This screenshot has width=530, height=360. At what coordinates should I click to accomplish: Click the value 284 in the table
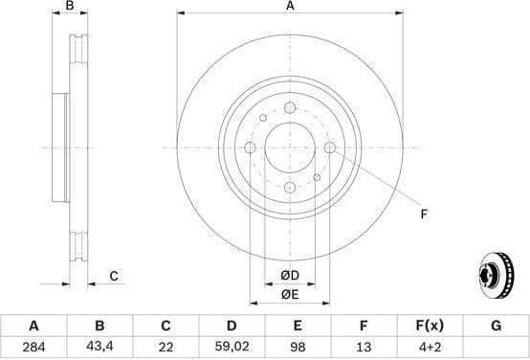pyautogui.click(x=34, y=346)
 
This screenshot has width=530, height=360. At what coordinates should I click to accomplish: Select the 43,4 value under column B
pyautogui.click(x=99, y=346)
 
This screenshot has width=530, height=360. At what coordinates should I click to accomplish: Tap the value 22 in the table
pyautogui.click(x=166, y=346)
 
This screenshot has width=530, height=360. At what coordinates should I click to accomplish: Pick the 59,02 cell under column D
pyautogui.click(x=232, y=346)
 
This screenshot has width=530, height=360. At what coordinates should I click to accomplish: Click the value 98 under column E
pyautogui.click(x=298, y=346)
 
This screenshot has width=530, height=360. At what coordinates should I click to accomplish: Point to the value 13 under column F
pyautogui.click(x=364, y=346)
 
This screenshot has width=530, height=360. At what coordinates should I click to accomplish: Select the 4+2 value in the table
pyautogui.click(x=430, y=346)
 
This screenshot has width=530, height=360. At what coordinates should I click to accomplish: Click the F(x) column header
pyautogui.click(x=430, y=326)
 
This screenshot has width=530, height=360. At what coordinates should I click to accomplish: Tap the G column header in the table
pyautogui.click(x=496, y=326)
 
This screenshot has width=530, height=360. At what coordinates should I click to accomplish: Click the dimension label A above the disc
pyautogui.click(x=290, y=7)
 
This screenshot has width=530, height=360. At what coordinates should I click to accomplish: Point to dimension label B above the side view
pyautogui.click(x=69, y=7)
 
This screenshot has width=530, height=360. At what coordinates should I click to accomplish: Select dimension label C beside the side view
pyautogui.click(x=113, y=277)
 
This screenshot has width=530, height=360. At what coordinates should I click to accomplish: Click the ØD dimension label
pyautogui.click(x=290, y=277)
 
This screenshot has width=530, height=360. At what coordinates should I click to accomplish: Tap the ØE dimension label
pyautogui.click(x=290, y=295)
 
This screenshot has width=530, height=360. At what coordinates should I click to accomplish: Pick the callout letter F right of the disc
pyautogui.click(x=424, y=214)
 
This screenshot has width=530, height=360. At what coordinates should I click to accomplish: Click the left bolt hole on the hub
pyautogui.click(x=251, y=147)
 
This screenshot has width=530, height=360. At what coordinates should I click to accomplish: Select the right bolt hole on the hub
pyautogui.click(x=330, y=147)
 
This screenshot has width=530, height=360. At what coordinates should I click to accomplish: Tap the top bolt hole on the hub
pyautogui.click(x=291, y=108)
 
